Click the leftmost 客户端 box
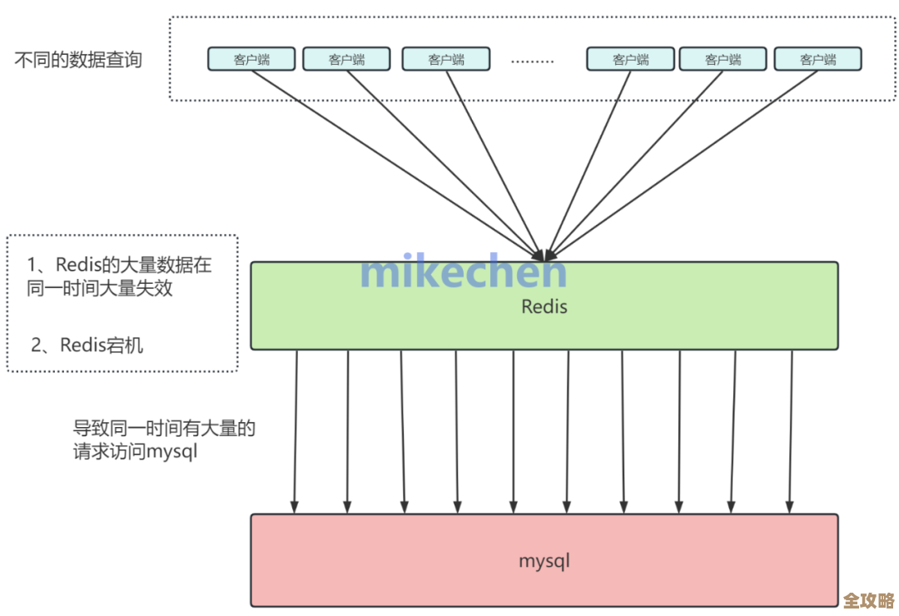251,59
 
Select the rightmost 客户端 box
817,59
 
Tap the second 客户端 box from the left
346,59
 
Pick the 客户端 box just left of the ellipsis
445,59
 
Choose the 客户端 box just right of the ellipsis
630,59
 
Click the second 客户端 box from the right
723,59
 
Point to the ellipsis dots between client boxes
532,61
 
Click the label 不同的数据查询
78,60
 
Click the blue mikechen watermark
464,271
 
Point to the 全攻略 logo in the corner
869,599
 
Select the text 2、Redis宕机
87,345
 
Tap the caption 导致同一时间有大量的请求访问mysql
164,440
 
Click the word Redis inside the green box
544,306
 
